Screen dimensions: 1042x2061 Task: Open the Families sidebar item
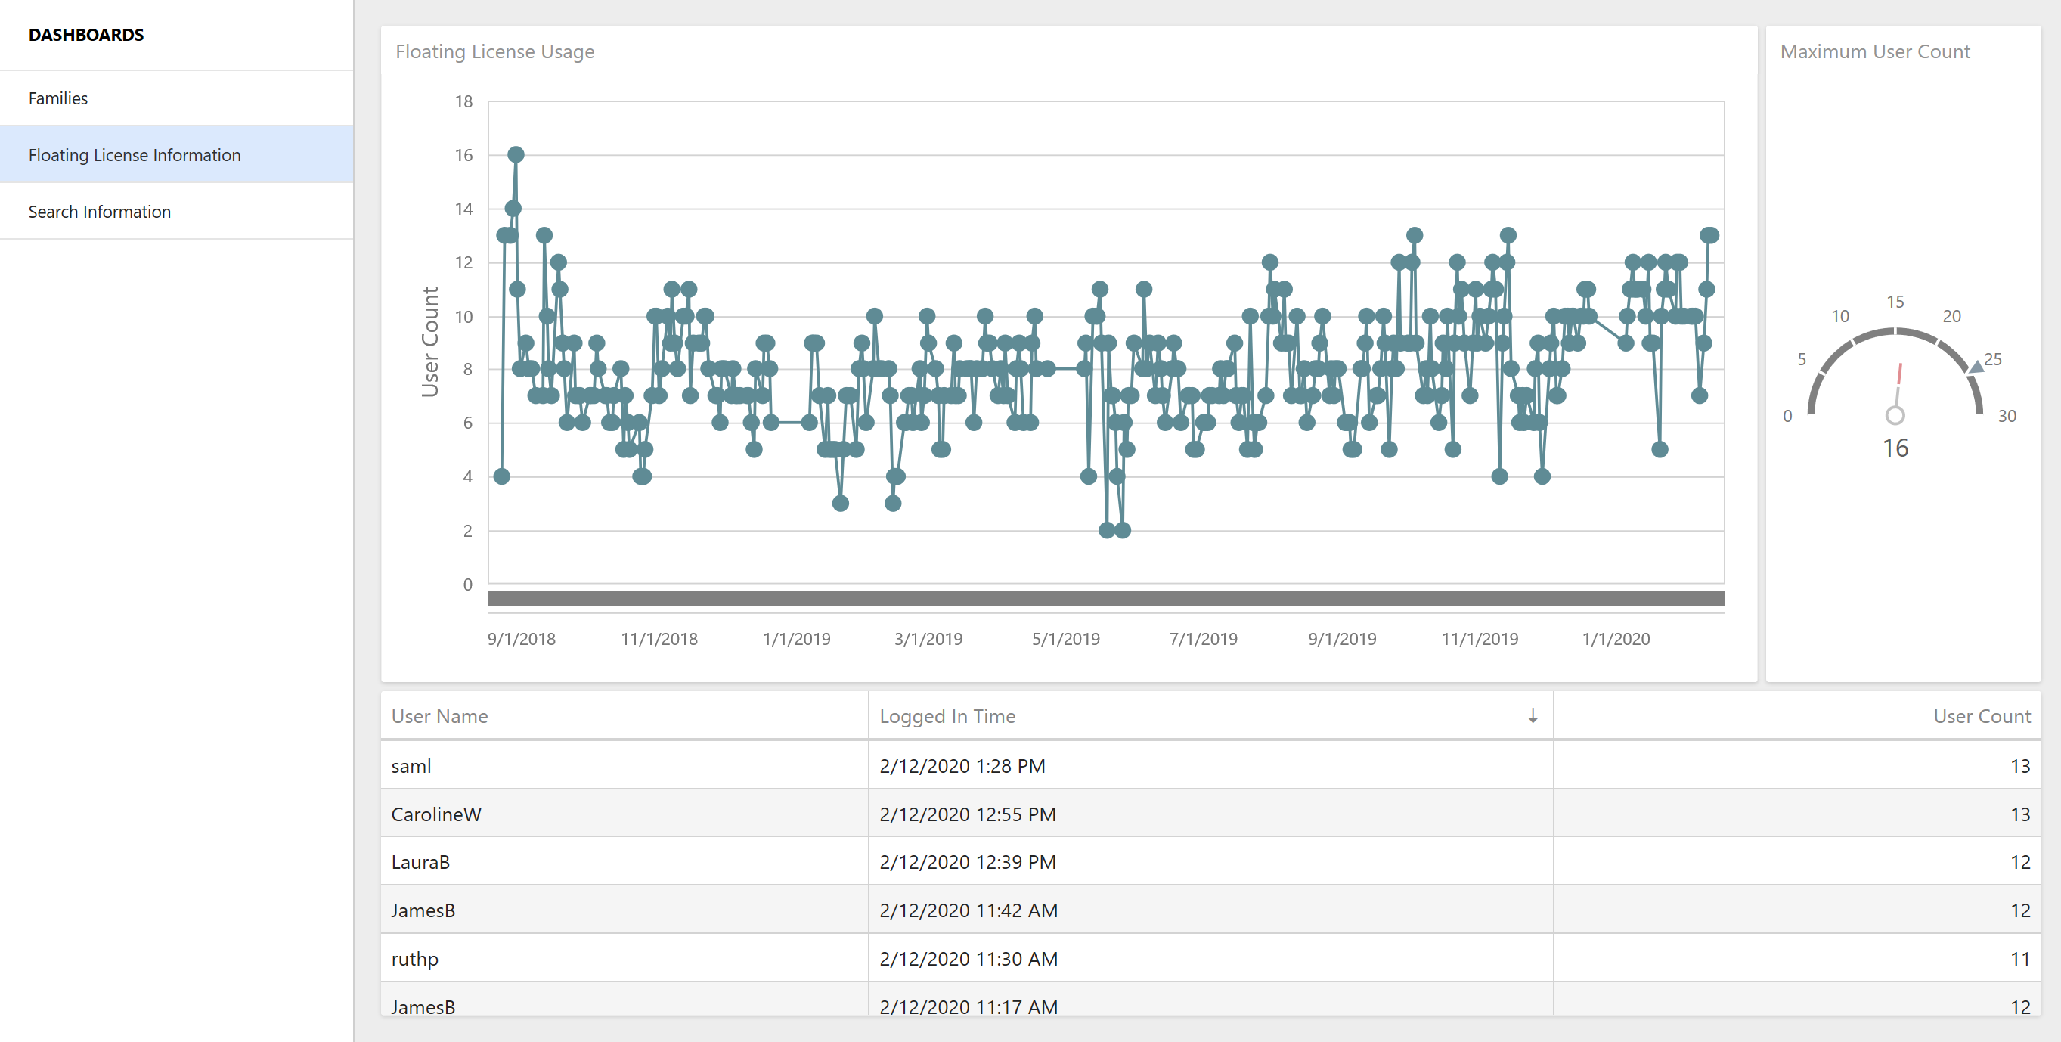tap(58, 98)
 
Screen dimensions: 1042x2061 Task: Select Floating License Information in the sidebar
tap(135, 155)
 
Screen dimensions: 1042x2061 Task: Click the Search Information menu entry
tap(100, 212)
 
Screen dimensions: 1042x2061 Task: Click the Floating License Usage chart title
tap(494, 52)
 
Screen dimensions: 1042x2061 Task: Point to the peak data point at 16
tap(516, 154)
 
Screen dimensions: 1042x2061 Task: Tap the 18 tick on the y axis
tap(464, 101)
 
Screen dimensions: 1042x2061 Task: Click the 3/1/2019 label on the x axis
tap(928, 640)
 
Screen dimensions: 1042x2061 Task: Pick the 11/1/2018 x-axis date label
tap(659, 640)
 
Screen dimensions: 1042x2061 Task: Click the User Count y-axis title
tap(430, 342)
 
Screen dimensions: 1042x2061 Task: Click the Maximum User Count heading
tap(1874, 52)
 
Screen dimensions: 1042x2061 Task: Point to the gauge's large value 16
tap(1895, 448)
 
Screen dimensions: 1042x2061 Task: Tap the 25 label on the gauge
tap(1992, 359)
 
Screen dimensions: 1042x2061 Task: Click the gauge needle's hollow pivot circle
tap(1895, 415)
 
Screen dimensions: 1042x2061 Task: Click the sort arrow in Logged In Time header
tap(1533, 715)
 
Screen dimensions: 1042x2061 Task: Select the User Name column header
tap(439, 716)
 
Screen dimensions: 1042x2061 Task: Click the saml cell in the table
tap(411, 766)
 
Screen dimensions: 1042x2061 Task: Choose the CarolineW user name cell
tap(436, 814)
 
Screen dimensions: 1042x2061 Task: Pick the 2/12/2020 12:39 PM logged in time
tap(967, 863)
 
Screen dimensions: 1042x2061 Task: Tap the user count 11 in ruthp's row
tap(2019, 959)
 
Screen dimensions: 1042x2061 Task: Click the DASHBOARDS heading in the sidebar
tap(86, 36)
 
